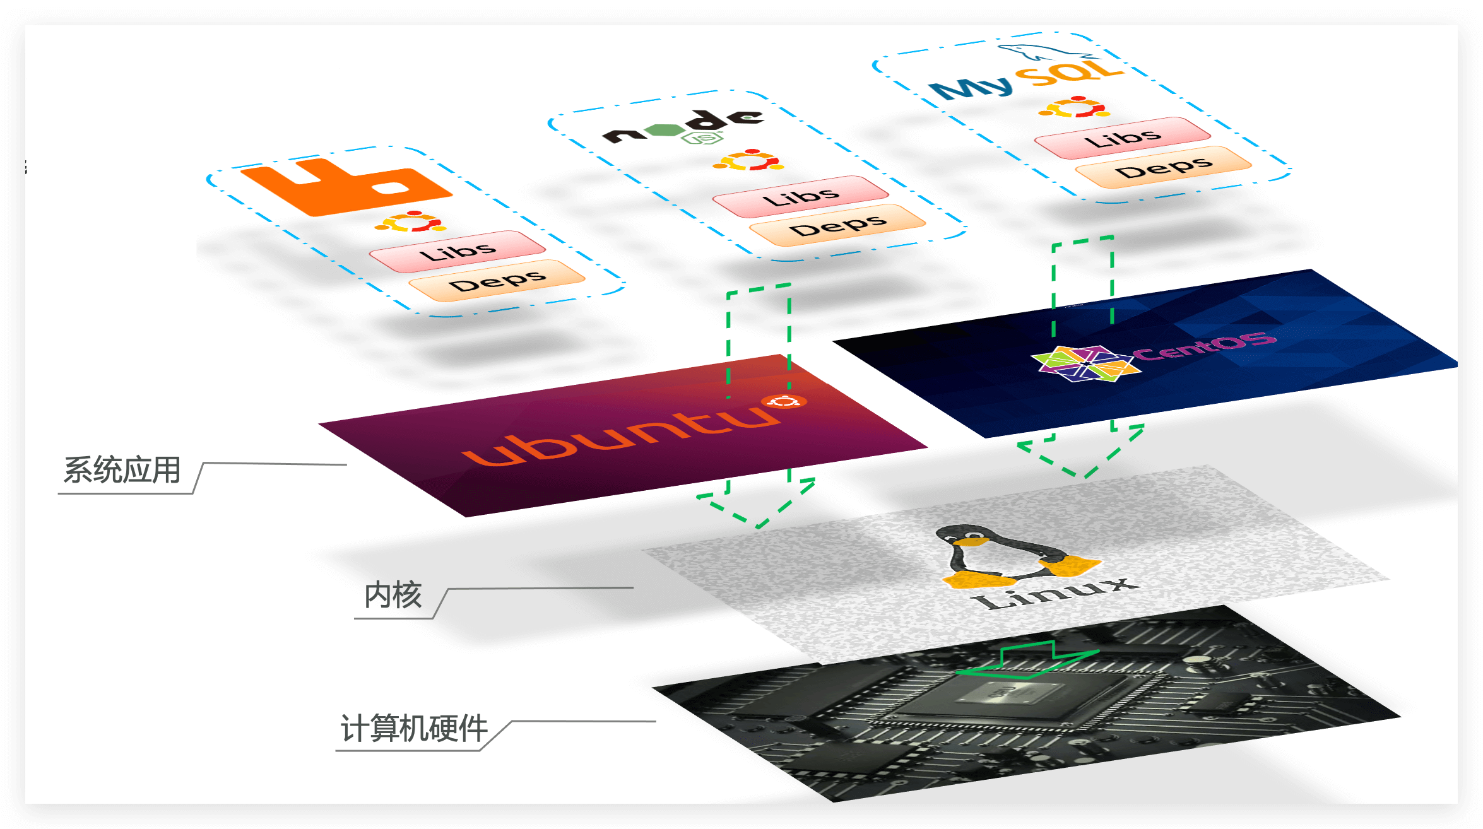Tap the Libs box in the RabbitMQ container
458,252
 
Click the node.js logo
684,128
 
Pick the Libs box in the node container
801,197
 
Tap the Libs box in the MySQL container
1123,138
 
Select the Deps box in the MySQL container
1163,167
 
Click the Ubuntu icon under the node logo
748,160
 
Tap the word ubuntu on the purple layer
622,435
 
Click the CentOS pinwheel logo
1086,363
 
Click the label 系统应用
122,471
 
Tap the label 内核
393,595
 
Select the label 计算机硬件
414,729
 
